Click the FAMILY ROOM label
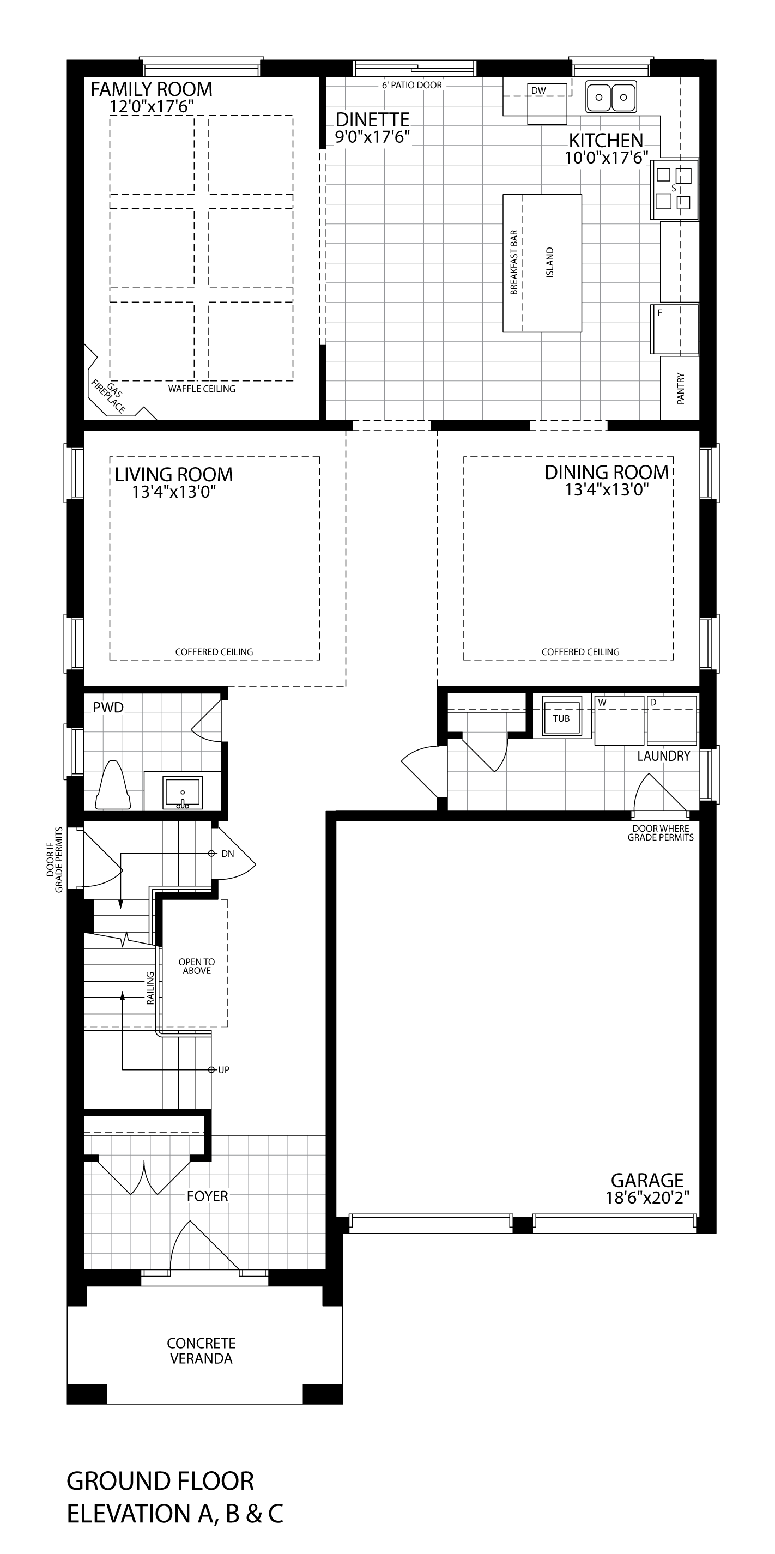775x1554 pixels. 152,89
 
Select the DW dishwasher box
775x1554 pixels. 547,103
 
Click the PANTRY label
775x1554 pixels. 681,389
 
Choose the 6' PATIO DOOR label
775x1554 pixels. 412,85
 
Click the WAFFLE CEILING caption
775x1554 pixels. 202,389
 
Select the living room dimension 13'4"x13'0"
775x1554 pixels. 174,492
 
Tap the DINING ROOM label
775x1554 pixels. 607,473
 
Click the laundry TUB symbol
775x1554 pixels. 561,717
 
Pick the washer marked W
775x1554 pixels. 619,719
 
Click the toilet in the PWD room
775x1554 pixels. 113,785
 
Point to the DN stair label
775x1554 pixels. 227,854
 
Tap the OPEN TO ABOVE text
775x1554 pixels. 197,966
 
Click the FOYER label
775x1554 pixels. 208,1196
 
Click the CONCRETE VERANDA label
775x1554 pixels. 202,1351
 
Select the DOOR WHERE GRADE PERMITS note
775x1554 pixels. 661,833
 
